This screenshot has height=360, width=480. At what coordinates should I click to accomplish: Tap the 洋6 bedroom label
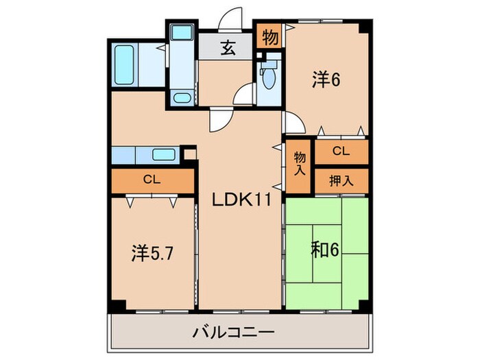tap(326, 80)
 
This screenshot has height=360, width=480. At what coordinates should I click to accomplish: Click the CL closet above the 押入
tap(341, 151)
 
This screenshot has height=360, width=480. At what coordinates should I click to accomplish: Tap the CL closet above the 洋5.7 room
tap(152, 180)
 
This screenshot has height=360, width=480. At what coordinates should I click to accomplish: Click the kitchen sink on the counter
tap(164, 155)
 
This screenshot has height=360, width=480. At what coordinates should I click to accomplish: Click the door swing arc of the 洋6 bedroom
tap(293, 124)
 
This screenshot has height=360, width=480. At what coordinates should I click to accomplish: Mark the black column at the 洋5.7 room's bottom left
tap(117, 305)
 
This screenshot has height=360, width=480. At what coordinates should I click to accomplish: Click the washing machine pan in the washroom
tap(182, 32)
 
